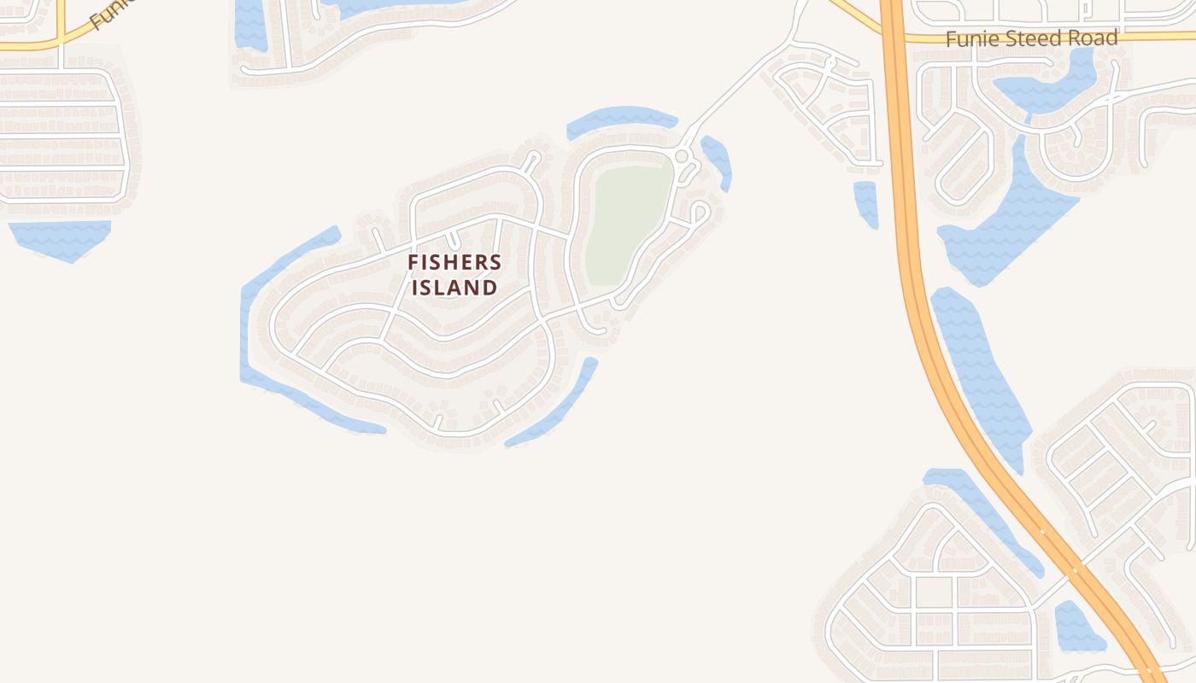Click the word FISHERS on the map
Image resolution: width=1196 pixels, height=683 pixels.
coord(454,262)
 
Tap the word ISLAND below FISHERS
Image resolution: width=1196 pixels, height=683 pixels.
coord(454,288)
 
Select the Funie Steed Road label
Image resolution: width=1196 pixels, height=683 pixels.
coord(1031,38)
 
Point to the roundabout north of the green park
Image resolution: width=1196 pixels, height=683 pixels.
coord(681,156)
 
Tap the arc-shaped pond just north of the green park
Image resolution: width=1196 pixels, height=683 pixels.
coord(621,120)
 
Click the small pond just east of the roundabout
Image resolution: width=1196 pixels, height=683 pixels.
coord(717,161)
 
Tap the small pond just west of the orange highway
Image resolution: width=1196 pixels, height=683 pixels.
coord(866,203)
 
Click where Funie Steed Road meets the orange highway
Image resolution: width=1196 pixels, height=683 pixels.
coord(894,38)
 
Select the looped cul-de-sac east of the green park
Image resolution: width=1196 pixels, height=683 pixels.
coord(700,211)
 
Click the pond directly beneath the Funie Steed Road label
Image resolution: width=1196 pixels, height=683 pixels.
coord(1046,85)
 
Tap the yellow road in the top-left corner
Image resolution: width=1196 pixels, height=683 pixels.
coord(51,41)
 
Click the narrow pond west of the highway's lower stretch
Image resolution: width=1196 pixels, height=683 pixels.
coord(982,512)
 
